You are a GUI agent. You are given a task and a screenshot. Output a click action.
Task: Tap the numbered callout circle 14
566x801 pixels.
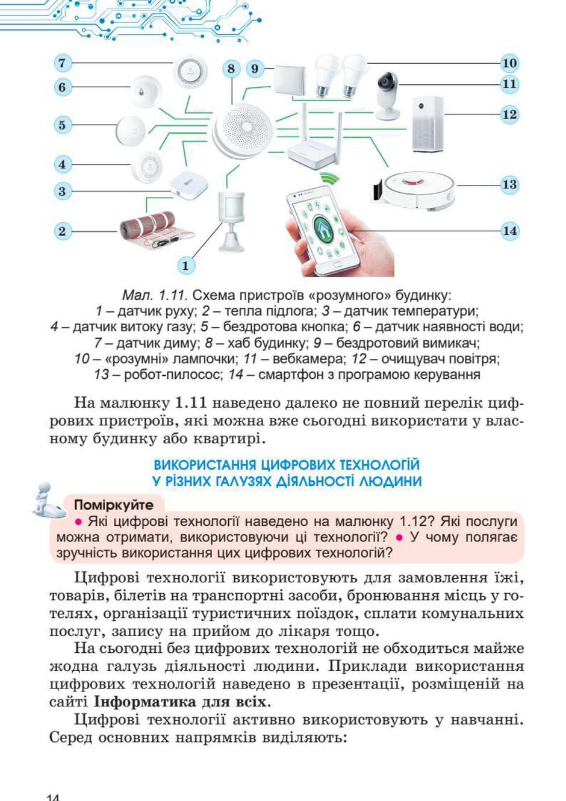point(509,231)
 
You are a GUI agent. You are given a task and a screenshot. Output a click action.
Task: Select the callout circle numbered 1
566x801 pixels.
point(185,266)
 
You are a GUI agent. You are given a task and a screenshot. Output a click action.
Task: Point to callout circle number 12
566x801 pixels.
point(509,114)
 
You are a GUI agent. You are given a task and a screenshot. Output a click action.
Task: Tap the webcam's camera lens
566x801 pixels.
point(386,81)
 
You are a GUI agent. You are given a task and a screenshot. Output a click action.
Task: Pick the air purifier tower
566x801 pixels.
point(427,124)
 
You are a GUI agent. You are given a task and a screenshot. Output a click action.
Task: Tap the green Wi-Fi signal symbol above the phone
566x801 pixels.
point(329,178)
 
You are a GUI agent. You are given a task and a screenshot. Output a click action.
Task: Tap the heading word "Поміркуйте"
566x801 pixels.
point(113,505)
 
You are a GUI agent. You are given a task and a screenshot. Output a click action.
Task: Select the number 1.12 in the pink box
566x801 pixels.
point(412,522)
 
